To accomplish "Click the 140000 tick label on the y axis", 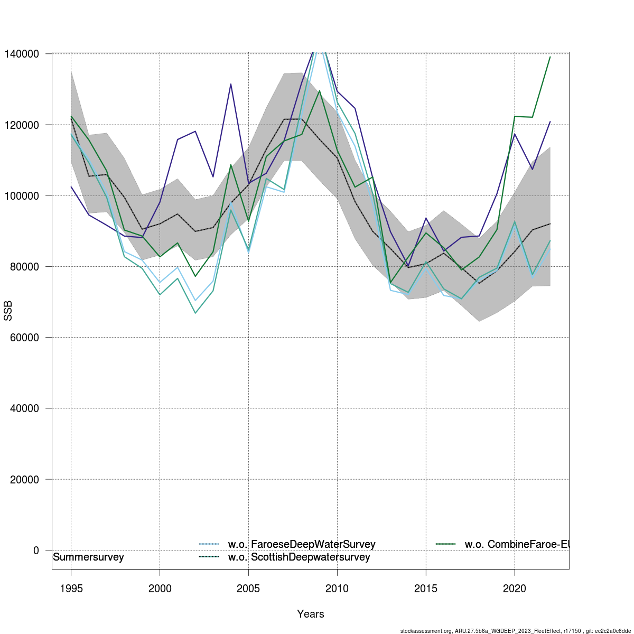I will coord(22,54).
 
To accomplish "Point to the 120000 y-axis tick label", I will coord(22,125).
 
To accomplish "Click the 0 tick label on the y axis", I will coord(36,551).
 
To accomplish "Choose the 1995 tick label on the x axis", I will coord(71,589).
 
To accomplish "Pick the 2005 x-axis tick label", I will coord(248,589).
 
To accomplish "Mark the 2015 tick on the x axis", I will coord(426,589).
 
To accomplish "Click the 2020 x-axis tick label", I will coord(515,589).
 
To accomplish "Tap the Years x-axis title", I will coord(311,614).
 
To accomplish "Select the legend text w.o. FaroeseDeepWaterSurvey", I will coord(302,544).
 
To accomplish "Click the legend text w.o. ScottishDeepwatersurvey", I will coord(299,557).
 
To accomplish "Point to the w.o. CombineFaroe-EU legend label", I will coord(517,544).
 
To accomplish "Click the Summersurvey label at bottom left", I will coord(89,557).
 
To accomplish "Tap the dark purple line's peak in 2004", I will coord(231,84).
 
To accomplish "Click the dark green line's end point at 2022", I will coord(550,57).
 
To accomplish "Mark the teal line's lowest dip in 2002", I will coord(195,313).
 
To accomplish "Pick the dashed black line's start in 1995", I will coord(71,118).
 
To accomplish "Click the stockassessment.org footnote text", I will coord(515,631).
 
